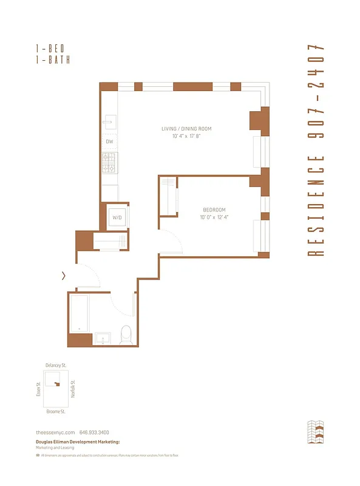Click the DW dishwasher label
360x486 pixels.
pos(110,142)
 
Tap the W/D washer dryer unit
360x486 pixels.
pos(117,217)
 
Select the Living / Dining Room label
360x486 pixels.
pos(186,129)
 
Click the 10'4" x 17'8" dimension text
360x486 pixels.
pos(186,136)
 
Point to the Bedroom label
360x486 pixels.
pos(214,210)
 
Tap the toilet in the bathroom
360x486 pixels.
pos(126,334)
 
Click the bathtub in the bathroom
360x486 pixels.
pos(80,312)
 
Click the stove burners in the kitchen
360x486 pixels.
pos(110,162)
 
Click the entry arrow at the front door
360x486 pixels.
pos(64,276)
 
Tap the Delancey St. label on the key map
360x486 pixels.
pos(56,365)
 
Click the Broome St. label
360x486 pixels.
pos(56,411)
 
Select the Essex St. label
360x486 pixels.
pos(39,388)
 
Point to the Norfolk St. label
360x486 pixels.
pos(73,388)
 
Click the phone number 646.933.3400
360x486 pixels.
pos(94,432)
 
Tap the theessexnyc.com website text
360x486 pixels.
pos(55,432)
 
